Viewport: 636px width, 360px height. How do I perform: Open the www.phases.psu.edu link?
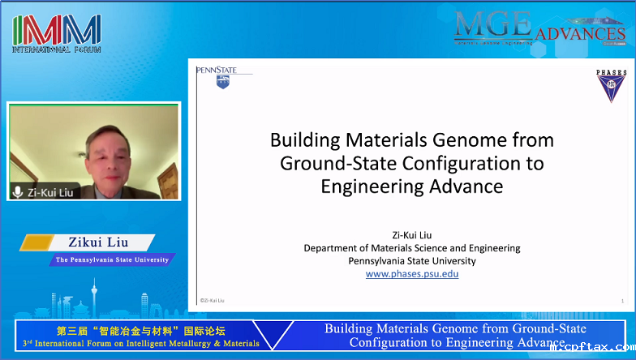pyautogui.click(x=412, y=274)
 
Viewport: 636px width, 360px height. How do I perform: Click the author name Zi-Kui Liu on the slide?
pyautogui.click(x=412, y=234)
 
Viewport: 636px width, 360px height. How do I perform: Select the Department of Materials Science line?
pyautogui.click(x=412, y=247)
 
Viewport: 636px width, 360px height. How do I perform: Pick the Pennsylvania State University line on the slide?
pyautogui.click(x=412, y=260)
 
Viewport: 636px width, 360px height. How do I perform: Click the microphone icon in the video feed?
pyautogui.click(x=18, y=192)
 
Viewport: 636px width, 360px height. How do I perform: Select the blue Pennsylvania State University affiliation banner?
pyautogui.click(x=112, y=260)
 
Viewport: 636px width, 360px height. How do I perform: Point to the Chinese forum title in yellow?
pyautogui.click(x=140, y=331)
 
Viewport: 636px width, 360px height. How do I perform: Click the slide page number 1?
pyautogui.click(x=621, y=301)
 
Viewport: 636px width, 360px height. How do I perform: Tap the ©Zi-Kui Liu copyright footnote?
pyautogui.click(x=213, y=301)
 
